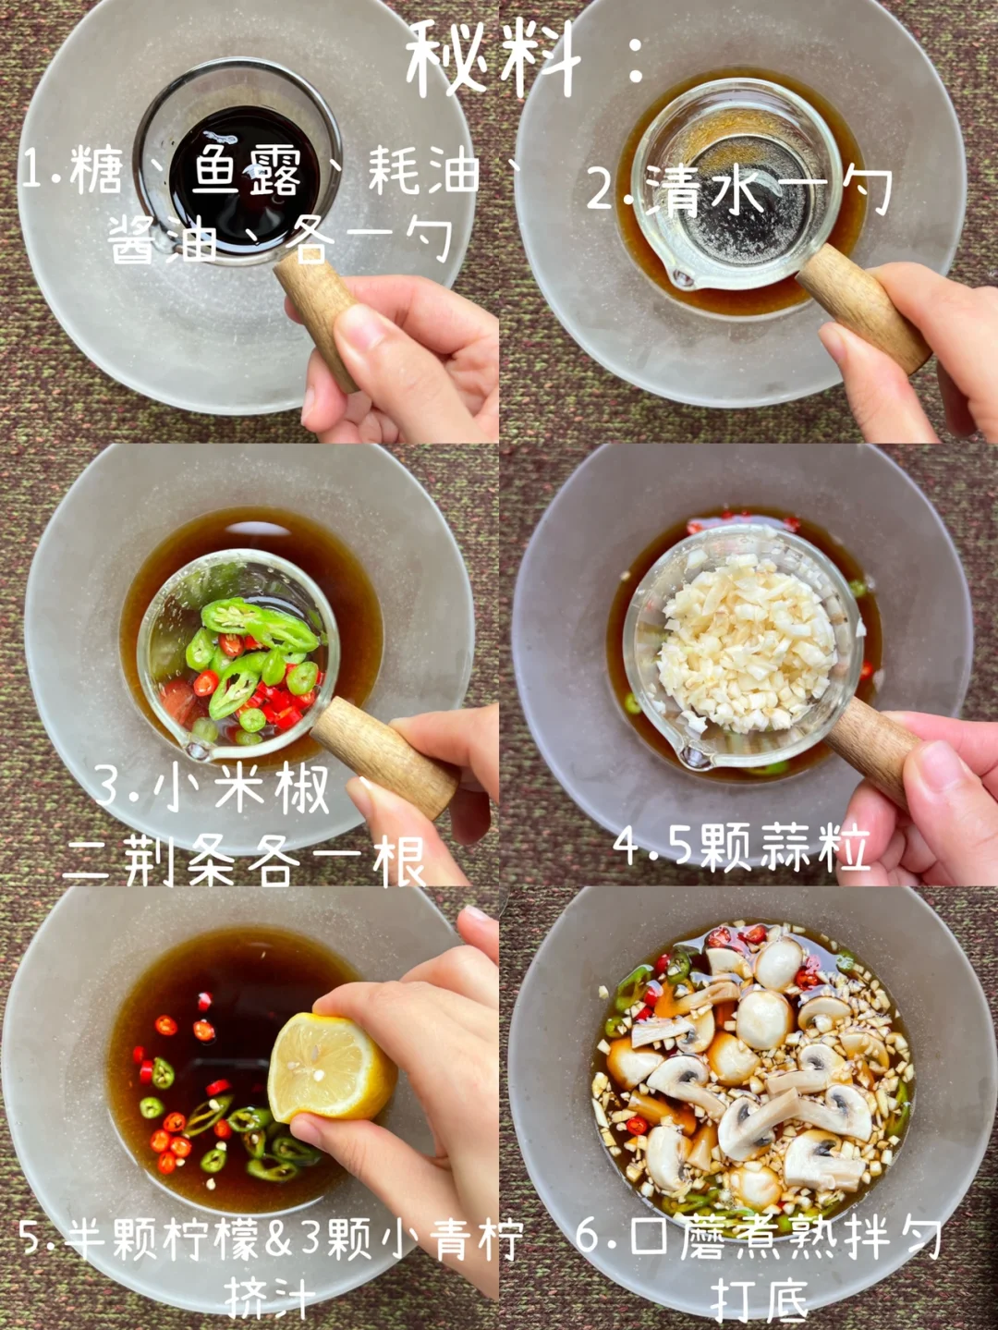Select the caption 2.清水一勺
740,190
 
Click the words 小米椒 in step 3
241,787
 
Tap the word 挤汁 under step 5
270,1298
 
